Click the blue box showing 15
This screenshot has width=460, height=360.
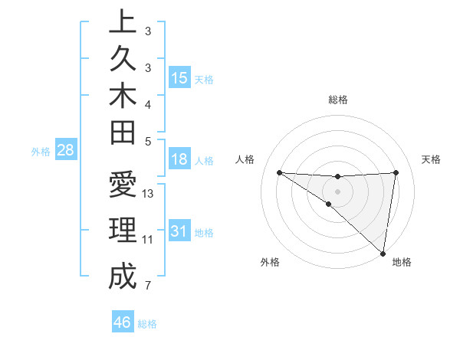point(179,78)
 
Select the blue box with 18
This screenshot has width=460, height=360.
point(179,160)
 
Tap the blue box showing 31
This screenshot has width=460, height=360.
point(179,231)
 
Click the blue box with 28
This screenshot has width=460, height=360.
point(65,150)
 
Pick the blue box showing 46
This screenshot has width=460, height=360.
point(123,322)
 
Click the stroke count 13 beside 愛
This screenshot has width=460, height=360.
point(149,194)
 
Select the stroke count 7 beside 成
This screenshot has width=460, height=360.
point(148,286)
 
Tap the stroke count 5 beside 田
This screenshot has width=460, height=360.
point(148,141)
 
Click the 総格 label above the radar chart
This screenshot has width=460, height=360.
point(338,100)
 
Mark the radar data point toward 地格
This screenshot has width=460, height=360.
point(383,253)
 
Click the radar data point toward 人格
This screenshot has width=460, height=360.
point(279,172)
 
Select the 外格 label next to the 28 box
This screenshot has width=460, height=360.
point(41,152)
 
